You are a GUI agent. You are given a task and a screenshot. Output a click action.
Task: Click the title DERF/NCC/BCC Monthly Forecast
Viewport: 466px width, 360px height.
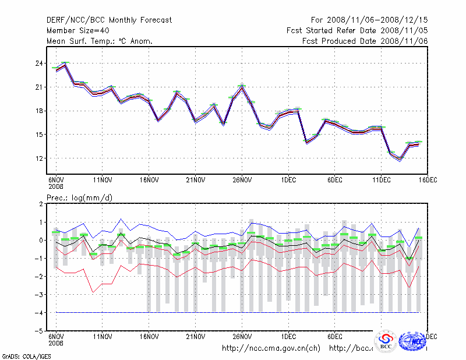(x=109, y=20)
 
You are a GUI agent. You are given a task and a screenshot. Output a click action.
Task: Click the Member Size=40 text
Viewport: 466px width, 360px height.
(x=79, y=30)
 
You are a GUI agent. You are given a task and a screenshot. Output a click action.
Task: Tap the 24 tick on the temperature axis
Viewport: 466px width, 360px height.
(x=40, y=63)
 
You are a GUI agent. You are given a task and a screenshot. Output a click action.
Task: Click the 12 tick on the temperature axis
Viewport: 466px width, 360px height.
(x=40, y=158)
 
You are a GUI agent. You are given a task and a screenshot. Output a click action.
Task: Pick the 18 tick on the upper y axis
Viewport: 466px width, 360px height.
(x=40, y=111)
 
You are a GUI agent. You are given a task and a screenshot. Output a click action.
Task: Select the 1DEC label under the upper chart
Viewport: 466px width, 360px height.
(x=288, y=179)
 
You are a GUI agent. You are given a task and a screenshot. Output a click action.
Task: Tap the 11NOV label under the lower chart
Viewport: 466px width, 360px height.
(x=103, y=337)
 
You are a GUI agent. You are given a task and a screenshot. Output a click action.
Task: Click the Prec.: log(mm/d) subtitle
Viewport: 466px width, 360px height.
(x=80, y=198)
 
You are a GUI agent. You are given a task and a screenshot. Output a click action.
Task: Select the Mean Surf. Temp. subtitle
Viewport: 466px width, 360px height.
(x=100, y=41)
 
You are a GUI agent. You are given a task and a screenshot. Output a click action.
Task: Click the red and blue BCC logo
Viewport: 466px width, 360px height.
(x=386, y=341)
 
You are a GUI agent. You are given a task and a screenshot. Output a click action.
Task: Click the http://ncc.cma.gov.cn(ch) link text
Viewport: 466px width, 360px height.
(x=271, y=348)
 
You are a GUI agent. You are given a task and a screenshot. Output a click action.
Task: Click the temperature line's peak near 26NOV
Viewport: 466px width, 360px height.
(x=242, y=87)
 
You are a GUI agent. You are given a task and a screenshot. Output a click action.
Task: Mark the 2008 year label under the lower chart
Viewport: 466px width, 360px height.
(x=56, y=343)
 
